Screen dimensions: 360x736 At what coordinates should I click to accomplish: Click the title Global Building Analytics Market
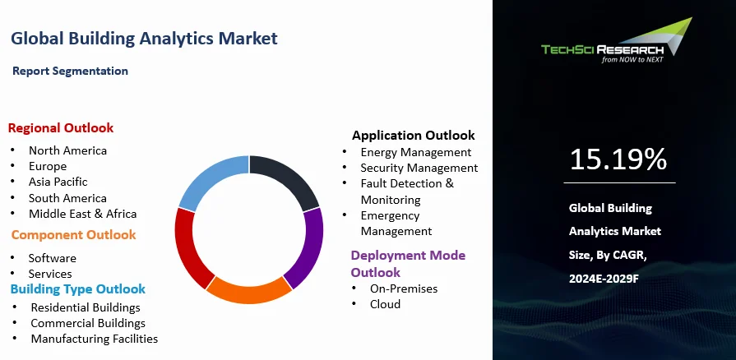click(144, 38)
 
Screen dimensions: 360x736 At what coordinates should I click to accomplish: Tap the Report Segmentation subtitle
click(70, 71)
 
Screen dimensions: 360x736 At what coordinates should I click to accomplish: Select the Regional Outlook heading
click(61, 127)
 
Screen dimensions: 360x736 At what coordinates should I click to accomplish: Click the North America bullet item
click(67, 150)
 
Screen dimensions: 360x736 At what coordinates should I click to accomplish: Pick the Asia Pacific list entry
click(58, 182)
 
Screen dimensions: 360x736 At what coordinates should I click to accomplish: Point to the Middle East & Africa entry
click(82, 214)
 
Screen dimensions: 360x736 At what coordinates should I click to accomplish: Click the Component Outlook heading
click(73, 235)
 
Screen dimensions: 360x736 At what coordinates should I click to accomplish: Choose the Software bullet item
click(52, 258)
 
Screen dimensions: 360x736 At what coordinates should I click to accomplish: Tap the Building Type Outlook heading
click(77, 289)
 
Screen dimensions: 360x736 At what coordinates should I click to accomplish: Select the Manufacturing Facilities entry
click(94, 339)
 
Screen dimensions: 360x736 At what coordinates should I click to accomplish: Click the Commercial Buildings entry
click(88, 323)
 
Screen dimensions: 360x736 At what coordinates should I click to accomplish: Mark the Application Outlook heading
click(413, 135)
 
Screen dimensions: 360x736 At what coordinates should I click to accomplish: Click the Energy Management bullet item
click(415, 152)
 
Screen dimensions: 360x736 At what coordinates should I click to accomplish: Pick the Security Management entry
click(419, 168)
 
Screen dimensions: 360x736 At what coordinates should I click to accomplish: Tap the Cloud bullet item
click(385, 304)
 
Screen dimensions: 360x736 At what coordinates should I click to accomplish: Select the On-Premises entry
click(403, 288)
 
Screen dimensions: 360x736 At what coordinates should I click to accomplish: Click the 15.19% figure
click(618, 159)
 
